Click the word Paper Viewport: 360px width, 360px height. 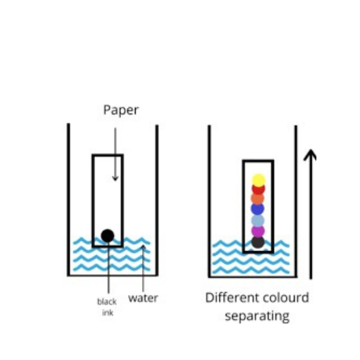[121, 110]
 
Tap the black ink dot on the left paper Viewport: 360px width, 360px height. [108, 235]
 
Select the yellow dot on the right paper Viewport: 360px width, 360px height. [258, 180]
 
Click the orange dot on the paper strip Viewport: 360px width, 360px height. [258, 199]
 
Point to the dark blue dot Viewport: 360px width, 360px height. [258, 209]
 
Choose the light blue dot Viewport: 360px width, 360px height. [258, 220]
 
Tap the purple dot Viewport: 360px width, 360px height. [258, 231]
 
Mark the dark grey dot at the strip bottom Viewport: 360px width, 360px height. [258, 242]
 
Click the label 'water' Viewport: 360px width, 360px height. [143, 298]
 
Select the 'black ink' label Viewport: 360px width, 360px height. [107, 307]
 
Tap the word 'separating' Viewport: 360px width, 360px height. [257, 315]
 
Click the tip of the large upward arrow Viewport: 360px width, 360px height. [310, 151]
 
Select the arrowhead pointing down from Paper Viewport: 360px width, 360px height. [115, 178]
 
